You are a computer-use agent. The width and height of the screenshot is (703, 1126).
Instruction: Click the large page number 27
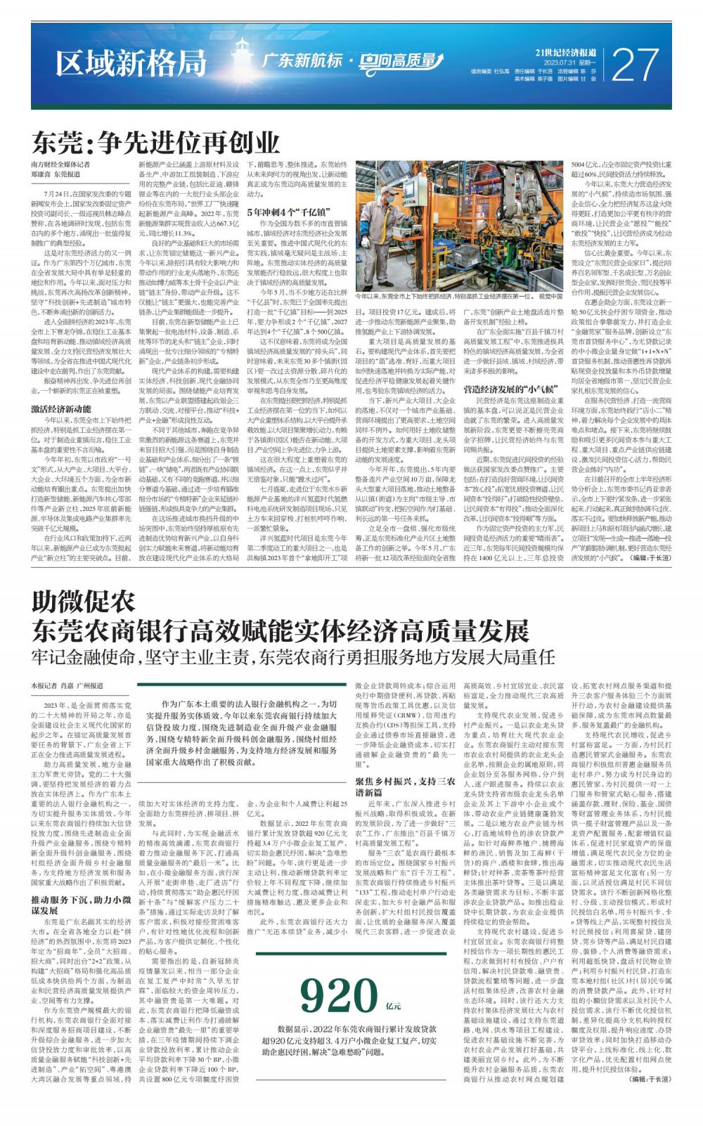(x=637, y=65)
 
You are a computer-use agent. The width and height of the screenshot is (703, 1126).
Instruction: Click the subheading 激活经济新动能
(x=60, y=408)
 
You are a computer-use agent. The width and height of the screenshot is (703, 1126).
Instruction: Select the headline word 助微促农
(x=83, y=602)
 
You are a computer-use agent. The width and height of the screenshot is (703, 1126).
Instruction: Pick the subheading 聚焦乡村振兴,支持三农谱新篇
(x=405, y=786)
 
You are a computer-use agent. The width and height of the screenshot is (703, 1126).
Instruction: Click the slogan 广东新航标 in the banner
(x=302, y=61)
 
